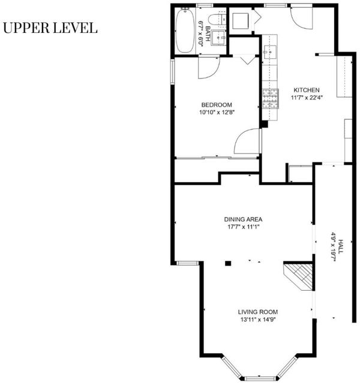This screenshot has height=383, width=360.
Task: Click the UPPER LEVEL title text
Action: click(x=50, y=28)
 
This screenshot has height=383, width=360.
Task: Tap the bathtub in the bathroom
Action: click(x=185, y=31)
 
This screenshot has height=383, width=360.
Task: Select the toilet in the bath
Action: click(x=217, y=20)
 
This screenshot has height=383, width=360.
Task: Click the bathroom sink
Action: click(x=218, y=38)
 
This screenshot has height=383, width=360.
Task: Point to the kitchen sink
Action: click(x=269, y=52)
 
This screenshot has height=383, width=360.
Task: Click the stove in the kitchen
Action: click(x=271, y=98)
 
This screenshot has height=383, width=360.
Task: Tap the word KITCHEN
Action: click(x=307, y=90)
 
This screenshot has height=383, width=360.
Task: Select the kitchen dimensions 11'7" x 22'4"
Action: click(x=307, y=98)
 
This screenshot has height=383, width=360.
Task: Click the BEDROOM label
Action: click(x=217, y=105)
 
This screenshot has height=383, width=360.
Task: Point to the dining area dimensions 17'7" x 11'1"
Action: click(x=243, y=227)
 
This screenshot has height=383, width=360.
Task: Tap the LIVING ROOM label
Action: click(x=258, y=312)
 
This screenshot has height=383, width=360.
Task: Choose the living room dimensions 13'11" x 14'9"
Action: click(x=258, y=319)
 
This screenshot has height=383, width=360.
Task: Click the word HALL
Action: click(x=340, y=247)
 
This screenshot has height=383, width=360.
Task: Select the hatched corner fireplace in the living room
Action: click(x=298, y=276)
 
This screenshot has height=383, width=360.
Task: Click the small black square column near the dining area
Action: click(x=228, y=263)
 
